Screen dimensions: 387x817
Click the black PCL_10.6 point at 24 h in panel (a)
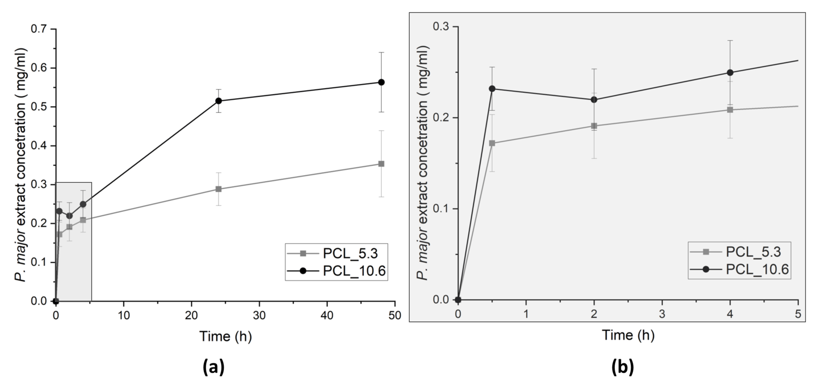click(219, 101)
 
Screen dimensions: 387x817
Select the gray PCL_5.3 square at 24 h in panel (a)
click(219, 189)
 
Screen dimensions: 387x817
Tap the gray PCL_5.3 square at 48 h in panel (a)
click(381, 164)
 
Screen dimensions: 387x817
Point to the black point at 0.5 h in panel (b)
click(492, 88)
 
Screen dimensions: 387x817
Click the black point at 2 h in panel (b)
click(594, 100)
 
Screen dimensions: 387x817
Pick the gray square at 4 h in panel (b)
click(730, 110)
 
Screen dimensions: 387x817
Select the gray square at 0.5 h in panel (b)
click(492, 143)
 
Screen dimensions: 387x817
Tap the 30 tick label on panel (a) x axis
click(259, 316)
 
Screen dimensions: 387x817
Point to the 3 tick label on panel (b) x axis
click(662, 314)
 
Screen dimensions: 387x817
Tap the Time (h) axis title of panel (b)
click(628, 335)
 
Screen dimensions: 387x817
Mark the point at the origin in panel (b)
click(458, 300)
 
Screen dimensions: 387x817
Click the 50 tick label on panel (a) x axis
click(395, 316)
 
